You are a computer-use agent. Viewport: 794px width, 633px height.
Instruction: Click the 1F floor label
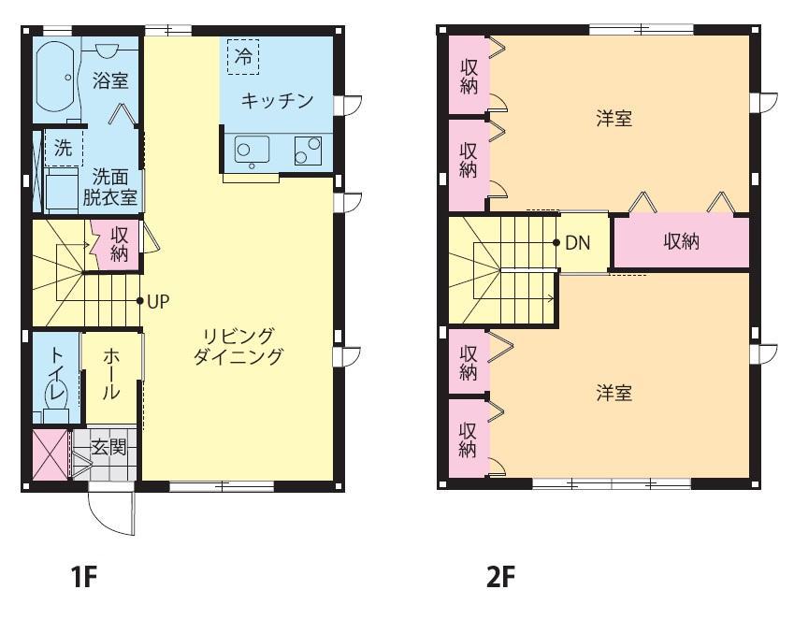click(x=83, y=577)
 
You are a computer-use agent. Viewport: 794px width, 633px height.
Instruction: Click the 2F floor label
click(x=500, y=577)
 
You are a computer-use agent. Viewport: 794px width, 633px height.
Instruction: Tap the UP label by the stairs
click(x=158, y=302)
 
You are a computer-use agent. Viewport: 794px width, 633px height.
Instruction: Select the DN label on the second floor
click(x=578, y=243)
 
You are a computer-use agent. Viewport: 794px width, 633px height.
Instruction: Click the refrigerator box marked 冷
click(x=243, y=57)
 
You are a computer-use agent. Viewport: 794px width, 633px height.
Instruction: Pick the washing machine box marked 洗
click(x=64, y=148)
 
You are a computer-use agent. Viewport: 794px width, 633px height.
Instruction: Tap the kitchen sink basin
click(x=252, y=150)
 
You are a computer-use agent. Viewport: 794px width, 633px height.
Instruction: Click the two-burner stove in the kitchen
click(x=308, y=151)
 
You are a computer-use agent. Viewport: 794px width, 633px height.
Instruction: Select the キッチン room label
click(x=277, y=101)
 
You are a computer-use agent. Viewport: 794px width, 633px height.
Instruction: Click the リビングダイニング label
click(x=238, y=346)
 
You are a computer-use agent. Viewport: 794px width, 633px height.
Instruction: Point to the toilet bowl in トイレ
click(x=56, y=396)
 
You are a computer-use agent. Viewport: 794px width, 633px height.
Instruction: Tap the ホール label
click(x=111, y=374)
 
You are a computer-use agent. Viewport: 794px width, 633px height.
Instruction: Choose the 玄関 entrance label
click(x=108, y=448)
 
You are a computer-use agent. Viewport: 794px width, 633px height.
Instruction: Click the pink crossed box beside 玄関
click(x=51, y=454)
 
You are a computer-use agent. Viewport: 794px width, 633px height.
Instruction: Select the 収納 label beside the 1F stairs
click(x=120, y=245)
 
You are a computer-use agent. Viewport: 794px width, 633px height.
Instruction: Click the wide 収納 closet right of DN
click(x=682, y=241)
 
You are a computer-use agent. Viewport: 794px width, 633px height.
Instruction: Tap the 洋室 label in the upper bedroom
click(x=614, y=119)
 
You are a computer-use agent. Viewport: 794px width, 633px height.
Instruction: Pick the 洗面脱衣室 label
click(x=110, y=187)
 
